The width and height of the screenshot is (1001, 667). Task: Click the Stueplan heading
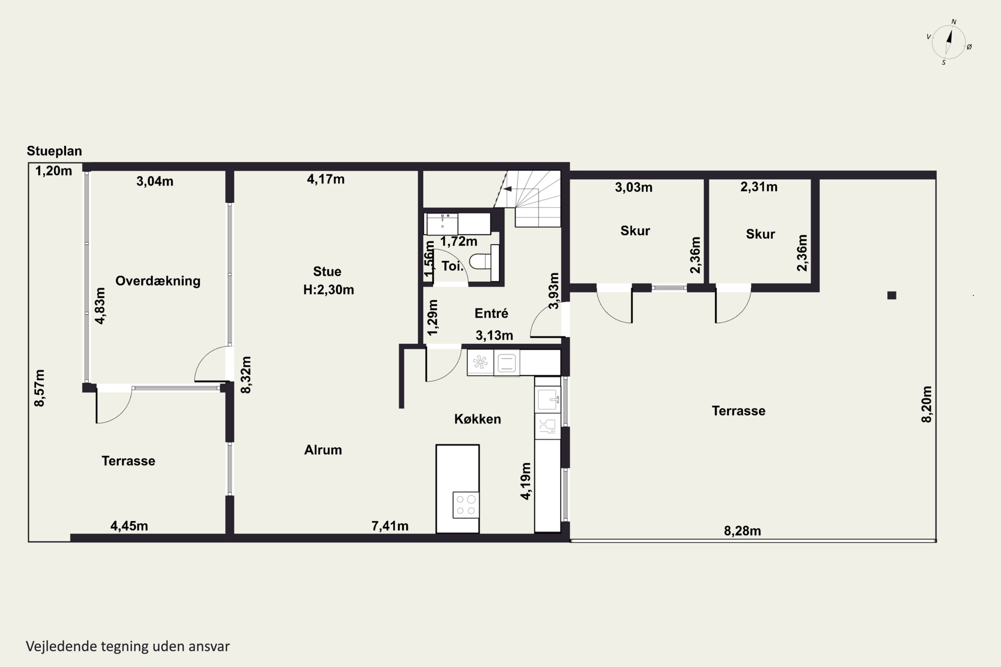click(54, 151)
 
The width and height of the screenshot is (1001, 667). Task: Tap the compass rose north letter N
click(954, 22)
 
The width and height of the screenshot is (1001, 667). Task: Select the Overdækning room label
click(158, 281)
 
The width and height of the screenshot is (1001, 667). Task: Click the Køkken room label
click(477, 419)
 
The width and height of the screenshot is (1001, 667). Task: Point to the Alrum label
click(323, 450)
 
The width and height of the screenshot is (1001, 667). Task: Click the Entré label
click(491, 313)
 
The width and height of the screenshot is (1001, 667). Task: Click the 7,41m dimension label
click(390, 526)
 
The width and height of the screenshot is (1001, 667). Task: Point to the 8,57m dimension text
click(39, 388)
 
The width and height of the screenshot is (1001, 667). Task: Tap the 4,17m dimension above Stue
click(326, 179)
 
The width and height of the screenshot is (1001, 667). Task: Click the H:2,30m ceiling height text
click(329, 290)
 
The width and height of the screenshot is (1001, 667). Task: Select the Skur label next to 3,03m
click(635, 231)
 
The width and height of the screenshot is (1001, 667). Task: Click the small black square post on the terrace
click(892, 295)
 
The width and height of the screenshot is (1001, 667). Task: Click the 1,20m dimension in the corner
click(54, 171)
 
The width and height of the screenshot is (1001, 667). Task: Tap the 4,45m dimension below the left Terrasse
click(129, 526)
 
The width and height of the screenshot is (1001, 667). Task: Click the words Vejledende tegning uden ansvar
click(128, 646)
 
